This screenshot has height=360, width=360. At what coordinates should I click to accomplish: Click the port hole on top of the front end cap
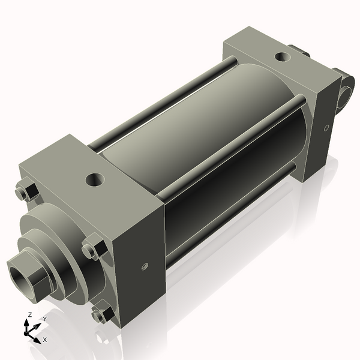95,179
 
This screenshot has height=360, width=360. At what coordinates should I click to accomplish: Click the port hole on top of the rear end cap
282,58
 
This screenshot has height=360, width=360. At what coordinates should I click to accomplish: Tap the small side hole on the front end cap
144,266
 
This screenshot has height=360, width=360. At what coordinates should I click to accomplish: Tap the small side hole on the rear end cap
326,127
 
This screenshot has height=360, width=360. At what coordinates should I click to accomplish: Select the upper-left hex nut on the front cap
26,191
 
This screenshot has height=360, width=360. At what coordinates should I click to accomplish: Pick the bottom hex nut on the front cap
102,314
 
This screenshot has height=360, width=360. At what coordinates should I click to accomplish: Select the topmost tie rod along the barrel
162,102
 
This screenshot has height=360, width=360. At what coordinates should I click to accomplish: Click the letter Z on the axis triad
29,315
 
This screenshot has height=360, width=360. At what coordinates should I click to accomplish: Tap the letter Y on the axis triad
44,319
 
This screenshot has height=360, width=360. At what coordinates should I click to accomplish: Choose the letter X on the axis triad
44,340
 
